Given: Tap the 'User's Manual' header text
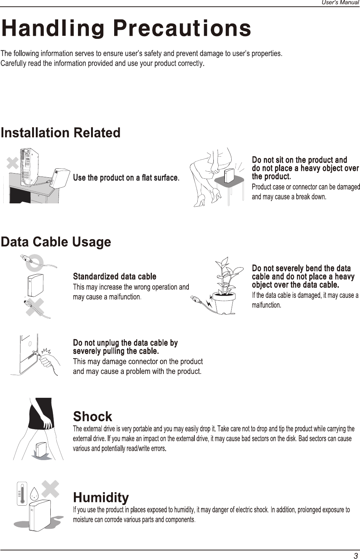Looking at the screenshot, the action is click(340, 3).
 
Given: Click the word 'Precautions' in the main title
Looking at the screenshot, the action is click(182, 28).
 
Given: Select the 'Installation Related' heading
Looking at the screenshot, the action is click(61, 132).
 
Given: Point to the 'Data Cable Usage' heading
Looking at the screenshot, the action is click(56, 242).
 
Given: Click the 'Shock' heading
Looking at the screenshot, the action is click(93, 416).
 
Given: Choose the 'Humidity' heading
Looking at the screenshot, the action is click(101, 497).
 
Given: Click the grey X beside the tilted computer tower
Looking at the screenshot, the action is click(13, 163).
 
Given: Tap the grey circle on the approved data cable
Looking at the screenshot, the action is click(35, 263).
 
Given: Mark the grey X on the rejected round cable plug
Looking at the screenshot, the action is click(35, 307).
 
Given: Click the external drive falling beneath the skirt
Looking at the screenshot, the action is click(41, 450).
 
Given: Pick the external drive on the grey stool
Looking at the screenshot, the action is click(229, 176).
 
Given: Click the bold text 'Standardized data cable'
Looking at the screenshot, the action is click(115, 277).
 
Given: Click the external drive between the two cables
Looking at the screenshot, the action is click(35, 285).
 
